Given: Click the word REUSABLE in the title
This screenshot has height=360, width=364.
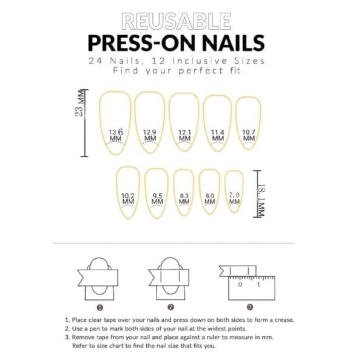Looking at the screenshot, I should tap(177, 22).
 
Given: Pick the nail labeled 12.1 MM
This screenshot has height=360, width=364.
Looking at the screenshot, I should tap(184, 124).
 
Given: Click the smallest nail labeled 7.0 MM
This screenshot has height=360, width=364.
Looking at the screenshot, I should tap(234, 191).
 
